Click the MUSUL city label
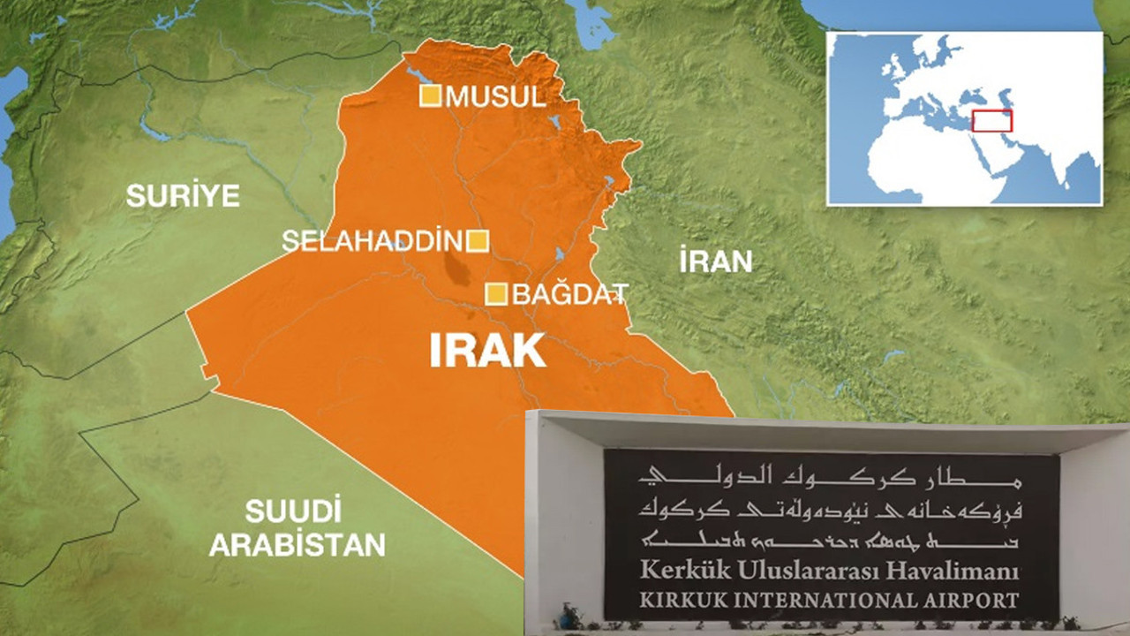point(495,96)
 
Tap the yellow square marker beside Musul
point(430,96)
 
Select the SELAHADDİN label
point(373,240)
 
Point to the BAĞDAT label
point(570,294)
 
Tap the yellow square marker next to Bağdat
point(497,294)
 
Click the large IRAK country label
point(487,351)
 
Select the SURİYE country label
point(183,195)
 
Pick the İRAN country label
point(716,261)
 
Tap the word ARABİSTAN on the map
point(297,544)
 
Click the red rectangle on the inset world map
point(992,121)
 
